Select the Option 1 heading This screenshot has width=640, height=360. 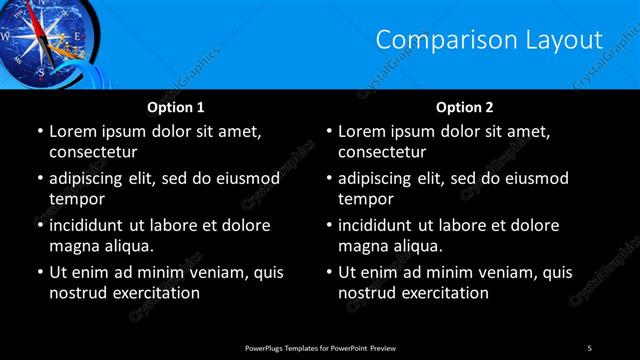176,107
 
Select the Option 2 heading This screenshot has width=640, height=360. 465,107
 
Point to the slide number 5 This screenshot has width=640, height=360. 589,347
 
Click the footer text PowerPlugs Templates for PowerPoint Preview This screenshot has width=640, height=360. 320,347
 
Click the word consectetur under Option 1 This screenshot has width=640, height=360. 93,152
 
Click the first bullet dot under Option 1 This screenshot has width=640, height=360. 39,132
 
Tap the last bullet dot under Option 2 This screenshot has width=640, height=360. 328,272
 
